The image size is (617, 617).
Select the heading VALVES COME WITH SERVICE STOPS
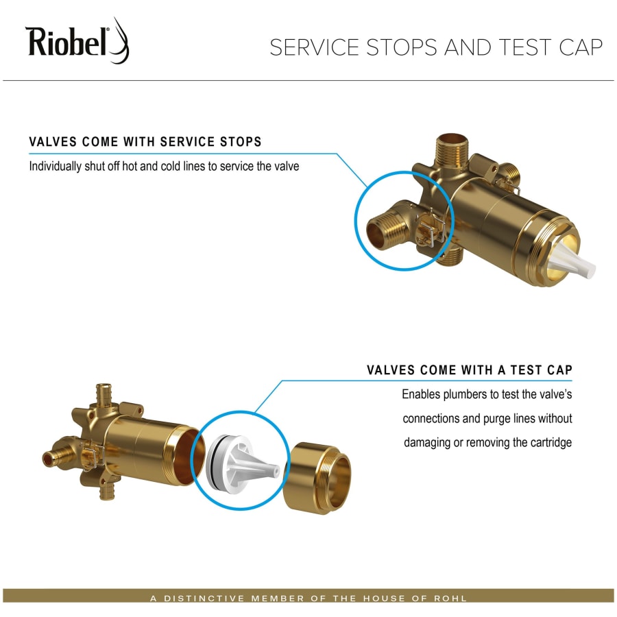(x=145, y=142)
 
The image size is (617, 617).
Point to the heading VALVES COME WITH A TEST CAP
(x=469, y=370)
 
